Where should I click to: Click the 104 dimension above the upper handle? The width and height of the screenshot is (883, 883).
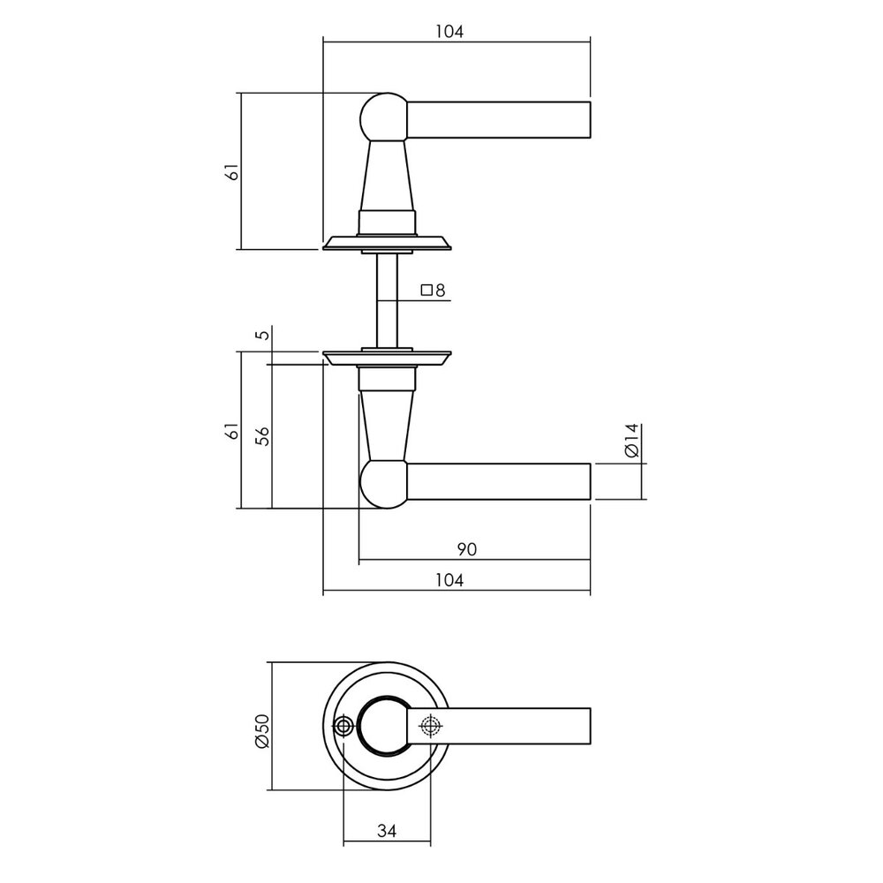pyautogui.click(x=449, y=31)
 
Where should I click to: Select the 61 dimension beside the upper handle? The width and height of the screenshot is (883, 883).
pyautogui.click(x=232, y=172)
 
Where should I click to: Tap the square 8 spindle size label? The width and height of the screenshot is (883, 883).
pyautogui.click(x=433, y=290)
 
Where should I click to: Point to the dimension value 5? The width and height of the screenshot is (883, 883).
pyautogui.click(x=259, y=336)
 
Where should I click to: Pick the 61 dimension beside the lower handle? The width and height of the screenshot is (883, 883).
pyautogui.click(x=232, y=432)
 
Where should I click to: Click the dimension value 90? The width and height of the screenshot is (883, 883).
pyautogui.click(x=467, y=549)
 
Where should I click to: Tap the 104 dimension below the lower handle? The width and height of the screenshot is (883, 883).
pyautogui.click(x=449, y=580)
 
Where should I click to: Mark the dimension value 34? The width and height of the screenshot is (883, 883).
pyautogui.click(x=386, y=831)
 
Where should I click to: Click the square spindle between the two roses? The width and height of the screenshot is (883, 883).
pyautogui.click(x=387, y=300)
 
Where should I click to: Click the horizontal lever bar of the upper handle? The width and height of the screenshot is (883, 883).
pyautogui.click(x=499, y=119)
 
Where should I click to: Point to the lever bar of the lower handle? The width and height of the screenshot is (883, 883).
pyautogui.click(x=499, y=482)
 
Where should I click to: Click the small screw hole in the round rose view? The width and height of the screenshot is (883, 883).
pyautogui.click(x=343, y=727)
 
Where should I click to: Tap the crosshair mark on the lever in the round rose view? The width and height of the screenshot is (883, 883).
pyautogui.click(x=430, y=727)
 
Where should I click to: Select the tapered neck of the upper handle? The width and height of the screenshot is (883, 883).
pyautogui.click(x=386, y=177)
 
